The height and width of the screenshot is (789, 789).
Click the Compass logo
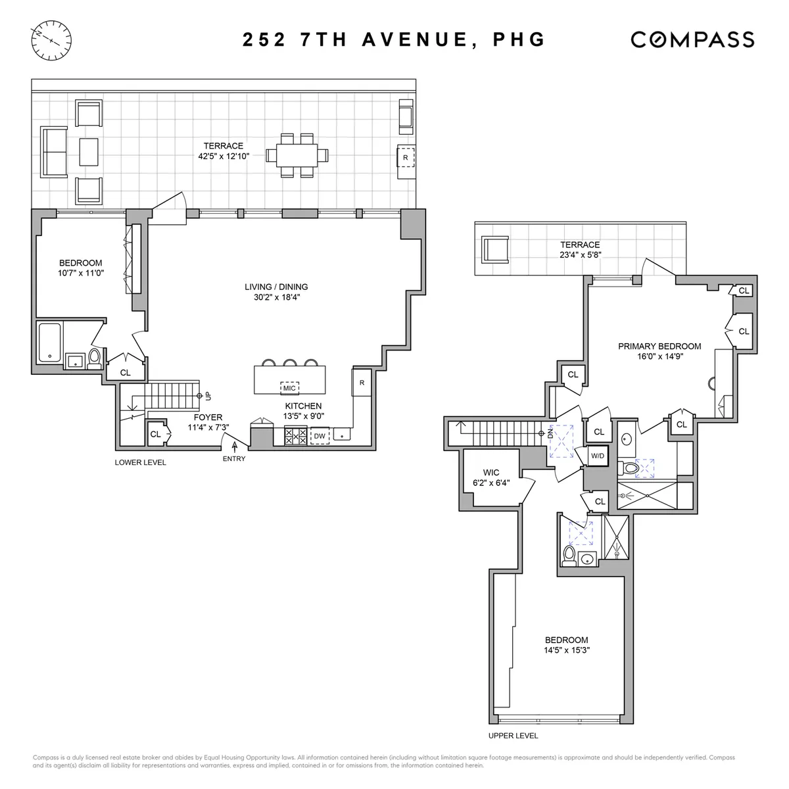[692, 39]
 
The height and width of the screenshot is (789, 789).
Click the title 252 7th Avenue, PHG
[394, 39]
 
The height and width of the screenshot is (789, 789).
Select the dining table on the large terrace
[297, 155]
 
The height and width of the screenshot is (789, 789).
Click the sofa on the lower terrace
[55, 152]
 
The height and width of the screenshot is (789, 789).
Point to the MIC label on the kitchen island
[289, 388]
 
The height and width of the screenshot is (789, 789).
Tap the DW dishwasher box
[320, 435]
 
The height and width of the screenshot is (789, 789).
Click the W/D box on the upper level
[598, 456]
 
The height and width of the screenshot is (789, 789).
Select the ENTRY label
[233, 458]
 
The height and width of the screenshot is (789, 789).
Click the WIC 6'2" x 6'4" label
[491, 477]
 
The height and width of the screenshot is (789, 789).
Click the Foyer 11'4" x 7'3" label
[207, 422]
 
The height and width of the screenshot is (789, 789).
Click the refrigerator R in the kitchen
[362, 383]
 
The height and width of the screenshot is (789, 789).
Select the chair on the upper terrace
[494, 251]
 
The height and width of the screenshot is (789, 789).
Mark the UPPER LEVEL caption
[513, 736]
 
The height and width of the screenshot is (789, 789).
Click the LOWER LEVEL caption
[140, 462]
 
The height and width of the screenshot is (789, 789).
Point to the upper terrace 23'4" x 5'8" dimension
[580, 255]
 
